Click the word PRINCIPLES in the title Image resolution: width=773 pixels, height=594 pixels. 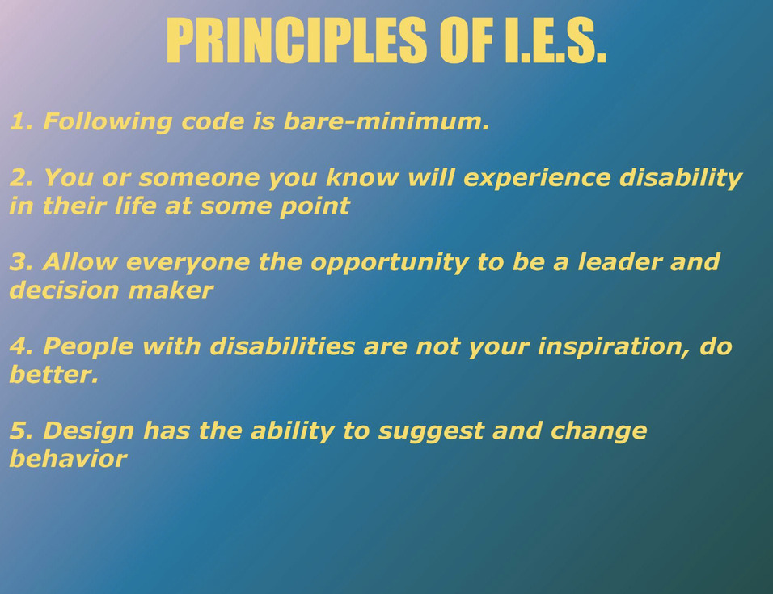point(296,40)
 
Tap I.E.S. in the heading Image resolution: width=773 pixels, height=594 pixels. point(555,40)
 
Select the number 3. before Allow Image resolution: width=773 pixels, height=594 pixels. point(21,262)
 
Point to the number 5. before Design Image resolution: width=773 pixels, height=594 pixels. point(22,431)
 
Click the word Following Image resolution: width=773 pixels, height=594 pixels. point(108,122)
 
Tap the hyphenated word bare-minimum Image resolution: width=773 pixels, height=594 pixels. point(386,121)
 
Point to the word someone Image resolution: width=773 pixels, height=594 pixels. point(199,178)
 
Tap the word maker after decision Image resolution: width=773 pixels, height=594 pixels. point(171,290)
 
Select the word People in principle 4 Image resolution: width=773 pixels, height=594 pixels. point(88,347)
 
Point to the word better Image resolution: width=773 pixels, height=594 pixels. point(54,375)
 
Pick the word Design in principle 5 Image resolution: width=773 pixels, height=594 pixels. point(89,431)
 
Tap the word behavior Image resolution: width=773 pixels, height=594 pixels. point(69,459)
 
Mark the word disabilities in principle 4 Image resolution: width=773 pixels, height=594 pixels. point(282,346)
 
